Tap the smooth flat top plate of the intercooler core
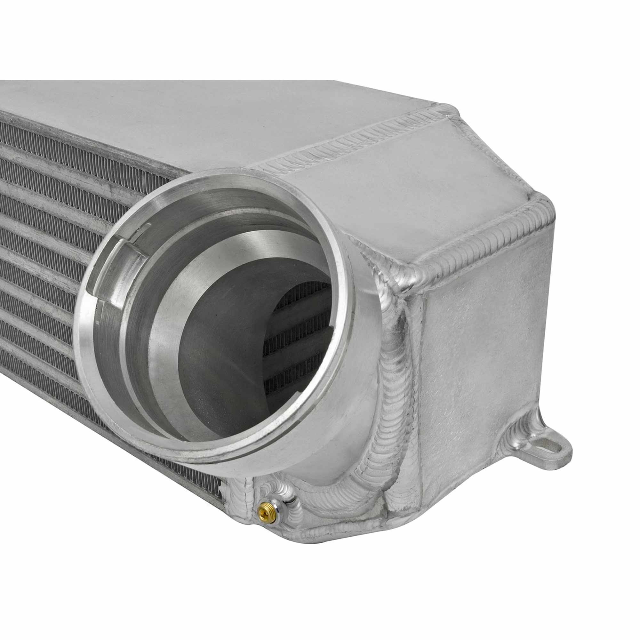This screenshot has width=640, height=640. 166,126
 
